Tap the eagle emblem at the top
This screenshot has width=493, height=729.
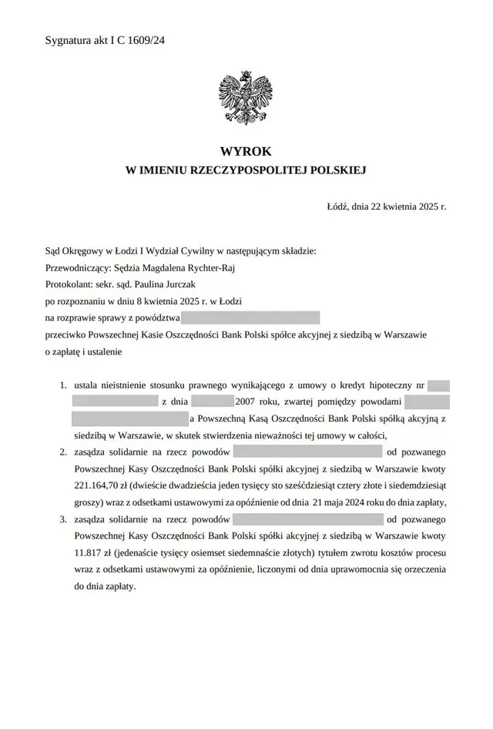[246, 98]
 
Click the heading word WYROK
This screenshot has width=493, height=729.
[246, 152]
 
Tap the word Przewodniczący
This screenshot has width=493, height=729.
[78, 268]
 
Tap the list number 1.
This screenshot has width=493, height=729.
[64, 385]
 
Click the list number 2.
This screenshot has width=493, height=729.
[64, 452]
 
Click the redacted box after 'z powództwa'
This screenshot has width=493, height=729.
[250, 317]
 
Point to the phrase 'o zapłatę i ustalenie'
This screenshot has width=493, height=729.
[84, 351]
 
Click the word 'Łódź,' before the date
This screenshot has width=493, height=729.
[339, 207]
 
